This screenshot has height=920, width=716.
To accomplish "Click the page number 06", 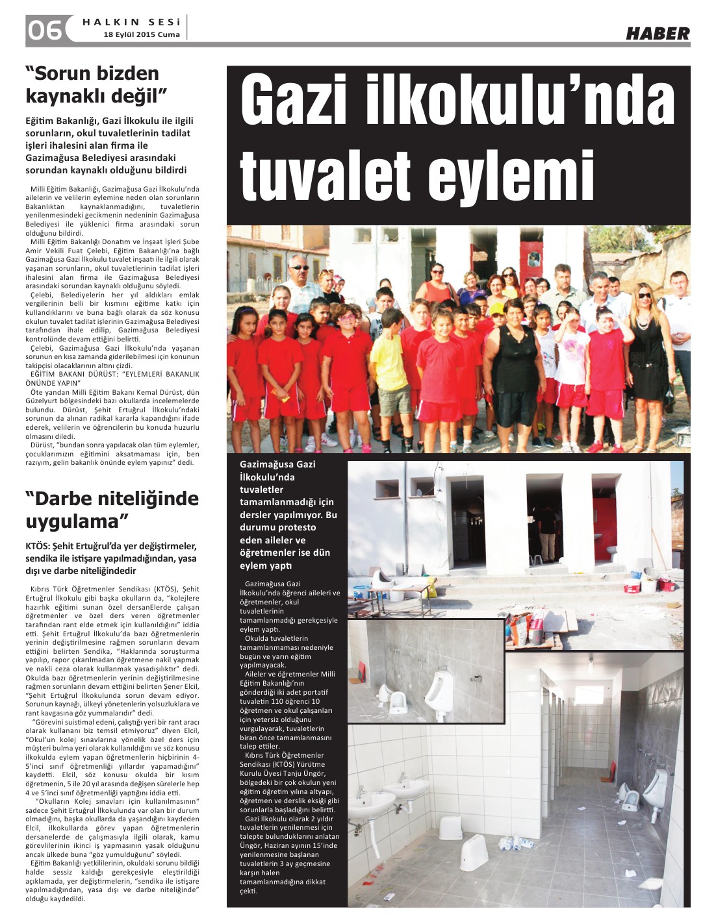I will coord(44,30).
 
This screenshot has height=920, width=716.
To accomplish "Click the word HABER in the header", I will coord(657,34).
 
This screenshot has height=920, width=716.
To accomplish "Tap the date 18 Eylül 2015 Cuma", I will coord(142,35).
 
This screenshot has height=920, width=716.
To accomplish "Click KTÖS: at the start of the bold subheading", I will coord(40,546).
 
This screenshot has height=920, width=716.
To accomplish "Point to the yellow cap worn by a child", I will coord(497,307).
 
